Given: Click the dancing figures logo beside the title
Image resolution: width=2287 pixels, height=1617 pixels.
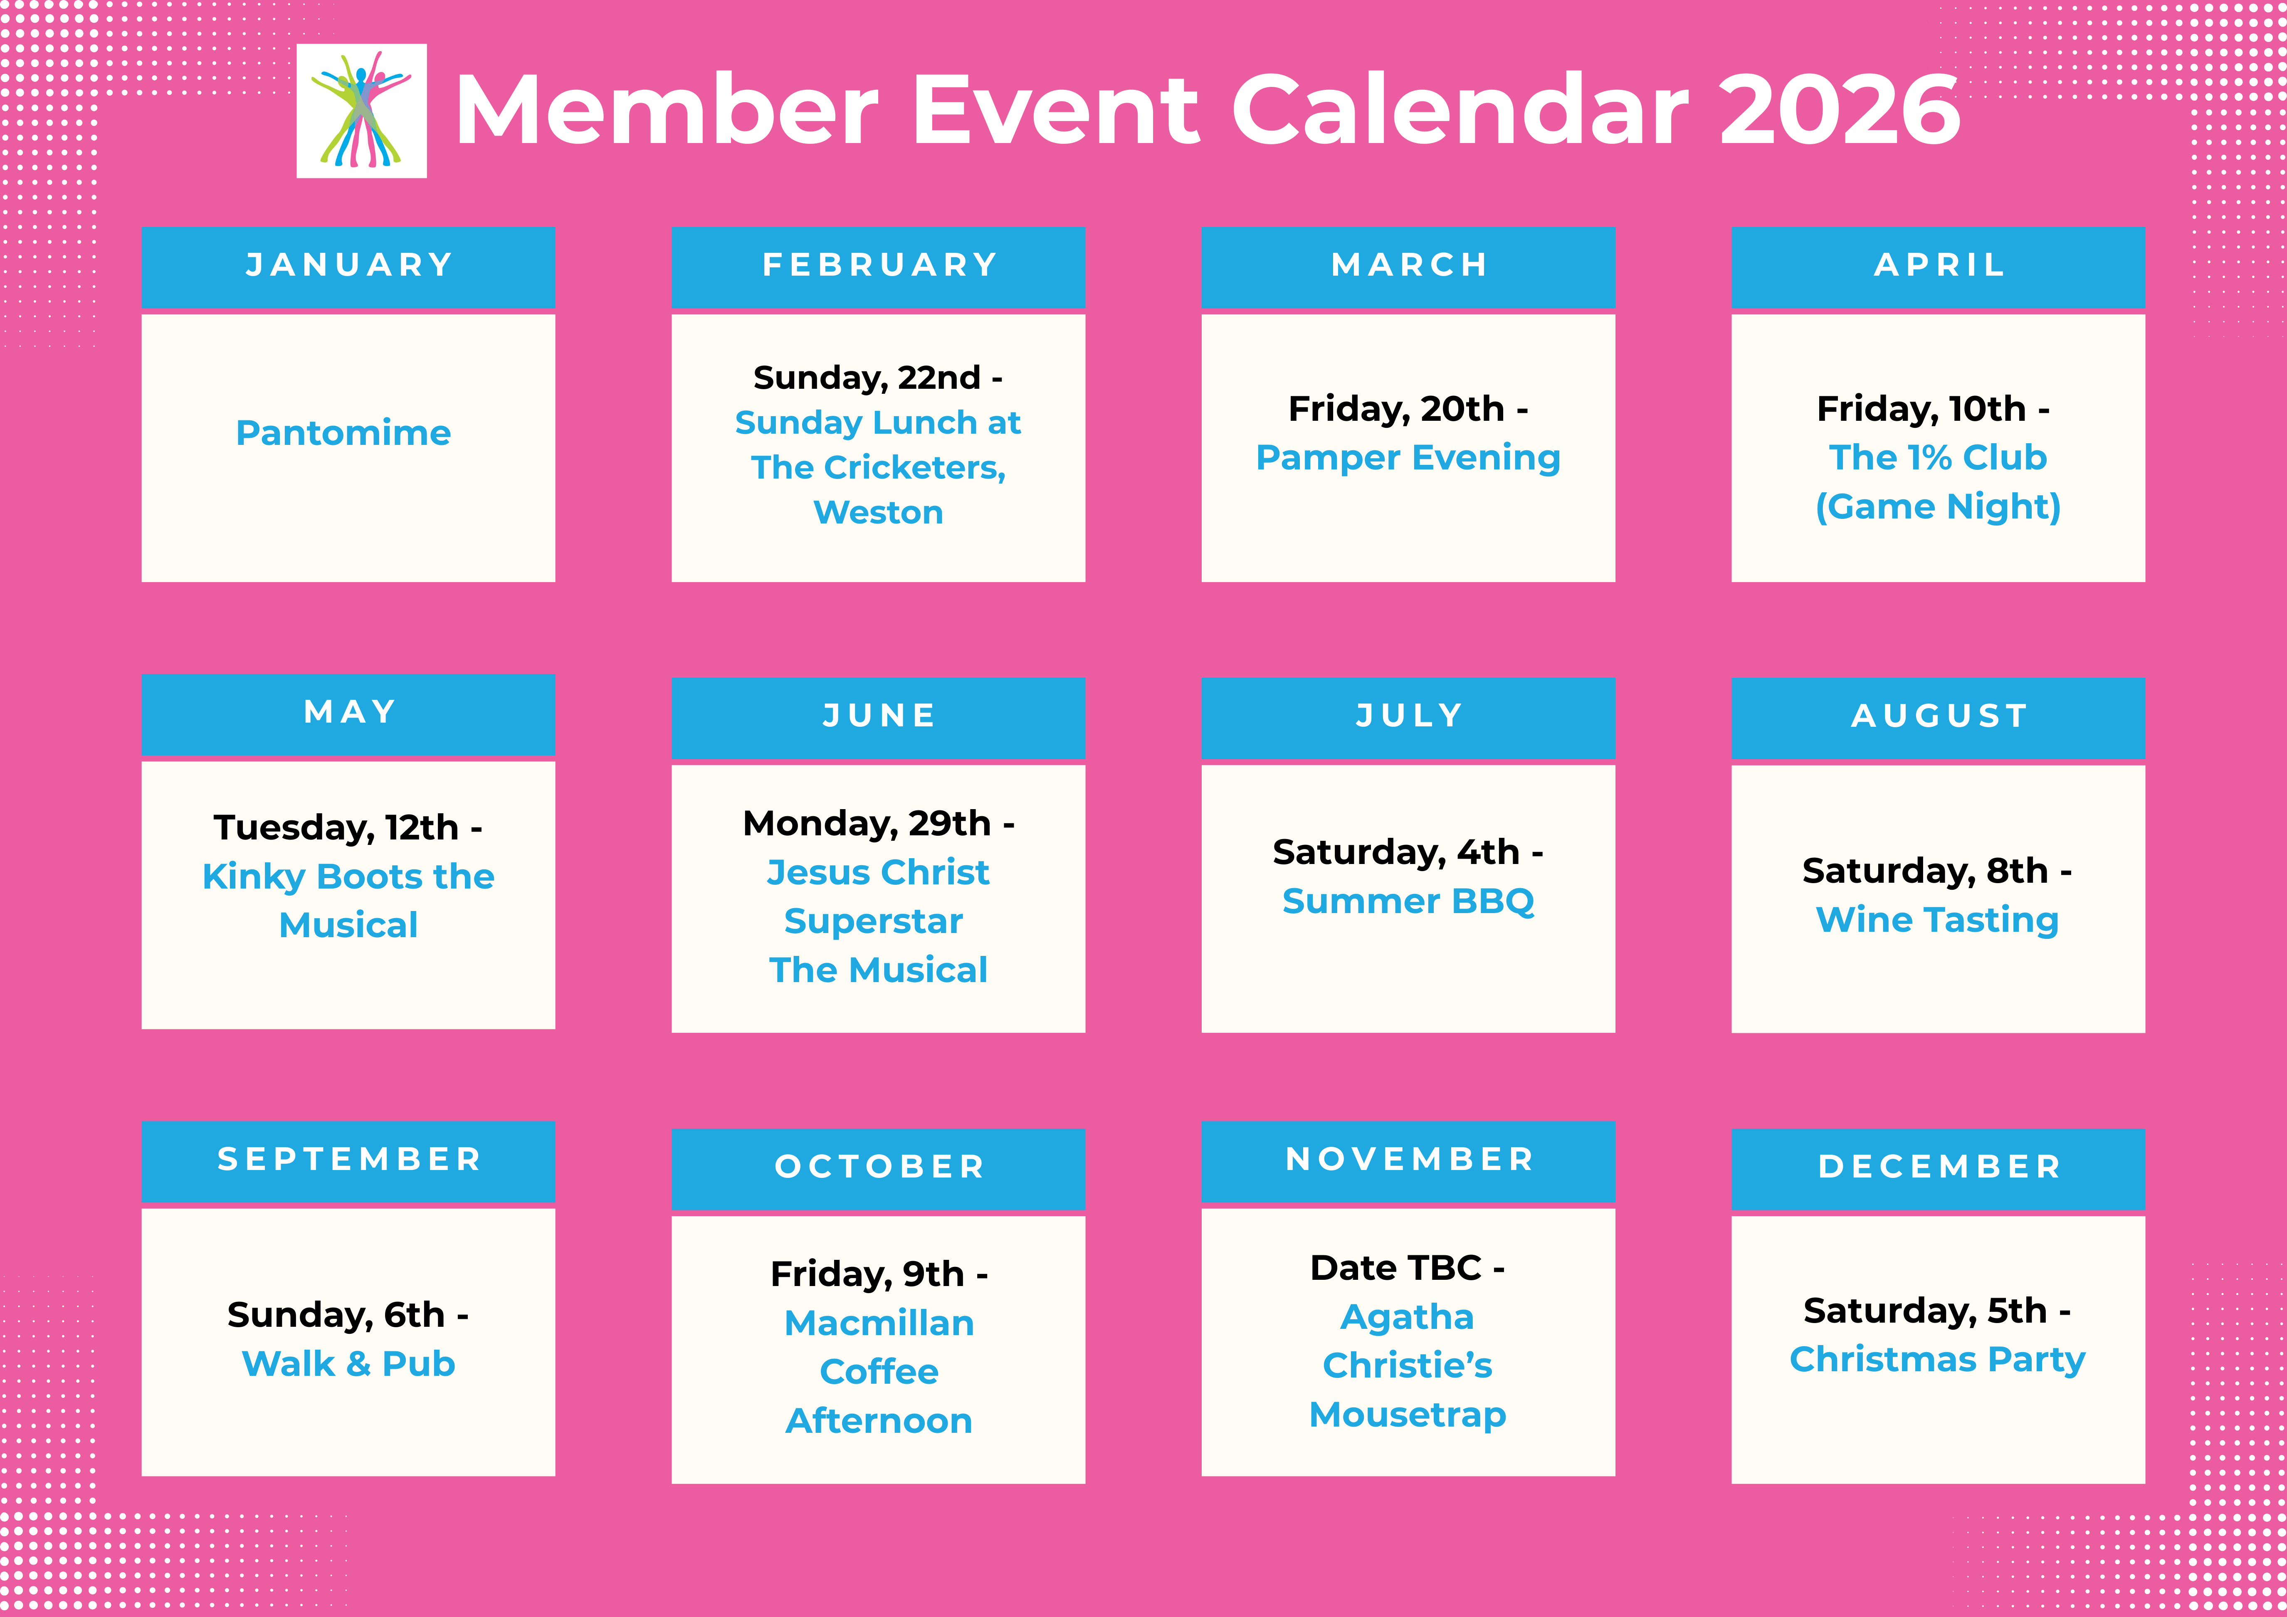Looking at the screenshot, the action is pyautogui.click(x=362, y=111).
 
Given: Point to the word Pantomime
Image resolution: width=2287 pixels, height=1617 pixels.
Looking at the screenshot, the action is pyautogui.click(x=343, y=433).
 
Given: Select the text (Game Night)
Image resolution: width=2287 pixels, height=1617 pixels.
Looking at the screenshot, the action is pyautogui.click(x=1939, y=507).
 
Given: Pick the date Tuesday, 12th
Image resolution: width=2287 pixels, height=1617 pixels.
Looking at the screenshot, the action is pyautogui.click(x=336, y=828).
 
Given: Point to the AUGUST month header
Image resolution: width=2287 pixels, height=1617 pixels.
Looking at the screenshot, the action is pyautogui.click(x=1939, y=716).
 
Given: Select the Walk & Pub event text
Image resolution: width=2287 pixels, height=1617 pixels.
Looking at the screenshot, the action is pyautogui.click(x=348, y=1364).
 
